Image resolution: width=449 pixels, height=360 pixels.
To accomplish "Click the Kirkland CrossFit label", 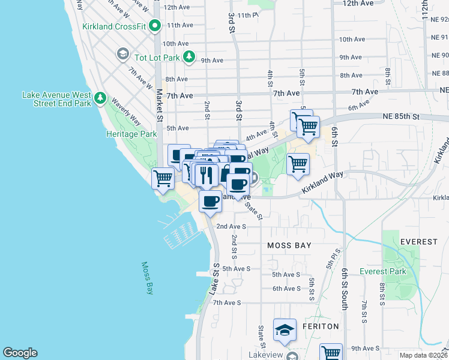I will click(x=113, y=26).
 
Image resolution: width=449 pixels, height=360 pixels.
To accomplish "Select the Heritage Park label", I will click(x=131, y=134).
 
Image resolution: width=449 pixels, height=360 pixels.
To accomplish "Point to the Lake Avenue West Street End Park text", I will click(x=56, y=99).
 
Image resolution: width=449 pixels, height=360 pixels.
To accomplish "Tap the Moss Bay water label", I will click(x=148, y=278).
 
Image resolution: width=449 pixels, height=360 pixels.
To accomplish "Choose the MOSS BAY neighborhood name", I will click(x=289, y=246).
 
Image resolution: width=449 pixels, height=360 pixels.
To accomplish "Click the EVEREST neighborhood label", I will click(x=418, y=242).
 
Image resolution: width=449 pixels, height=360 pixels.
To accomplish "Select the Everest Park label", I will click(x=383, y=271).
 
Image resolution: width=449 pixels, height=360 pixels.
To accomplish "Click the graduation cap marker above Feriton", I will click(x=285, y=329).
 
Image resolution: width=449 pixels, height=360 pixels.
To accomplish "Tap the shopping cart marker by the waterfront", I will click(x=163, y=178).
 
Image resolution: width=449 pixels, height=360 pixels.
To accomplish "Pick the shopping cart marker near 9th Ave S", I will click(x=331, y=352).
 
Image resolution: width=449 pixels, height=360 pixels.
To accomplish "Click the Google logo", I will click(x=20, y=353).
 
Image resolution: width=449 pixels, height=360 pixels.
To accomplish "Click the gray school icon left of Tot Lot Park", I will click(x=124, y=55).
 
